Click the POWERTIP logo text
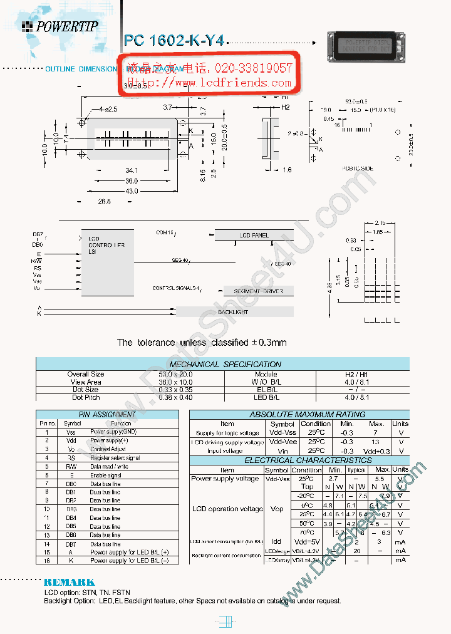pos(66,26)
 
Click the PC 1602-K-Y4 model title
pos(174,41)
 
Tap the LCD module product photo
pos(365,47)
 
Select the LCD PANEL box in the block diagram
pos(254,235)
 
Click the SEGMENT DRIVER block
pos(258,291)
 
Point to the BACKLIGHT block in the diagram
pos(233,311)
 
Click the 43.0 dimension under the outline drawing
pos(132,190)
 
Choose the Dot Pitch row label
pos(85,397)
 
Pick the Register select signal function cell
pos(115,458)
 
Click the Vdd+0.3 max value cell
pos(376,451)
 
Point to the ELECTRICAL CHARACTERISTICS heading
pos(299,460)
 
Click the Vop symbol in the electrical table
pos(276,509)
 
